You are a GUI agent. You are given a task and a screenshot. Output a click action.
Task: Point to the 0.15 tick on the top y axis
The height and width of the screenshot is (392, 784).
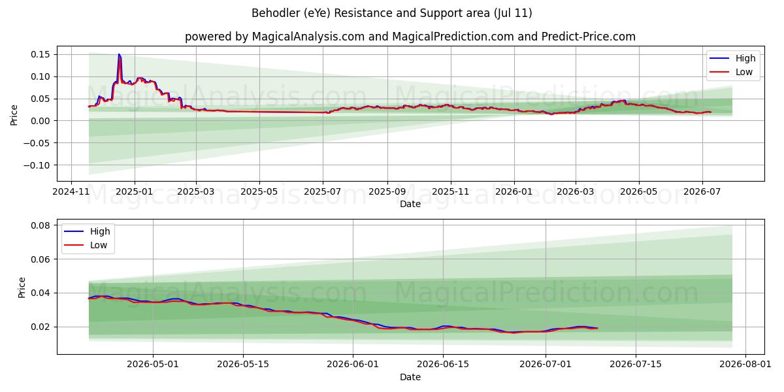tap(41, 54)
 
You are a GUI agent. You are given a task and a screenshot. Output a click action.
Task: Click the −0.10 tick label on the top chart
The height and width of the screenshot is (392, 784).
tap(37, 165)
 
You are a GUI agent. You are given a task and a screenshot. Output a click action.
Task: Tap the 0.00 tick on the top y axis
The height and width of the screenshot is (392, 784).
tap(41, 121)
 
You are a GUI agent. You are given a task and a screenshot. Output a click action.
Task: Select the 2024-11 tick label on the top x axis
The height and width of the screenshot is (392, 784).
tap(71, 192)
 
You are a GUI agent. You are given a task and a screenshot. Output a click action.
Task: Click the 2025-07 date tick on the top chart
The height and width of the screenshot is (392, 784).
tap(323, 192)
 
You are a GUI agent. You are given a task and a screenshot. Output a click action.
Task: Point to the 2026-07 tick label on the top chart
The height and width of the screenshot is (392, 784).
tap(702, 192)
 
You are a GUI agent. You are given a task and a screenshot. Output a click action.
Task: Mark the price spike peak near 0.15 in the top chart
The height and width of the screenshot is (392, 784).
tap(119, 54)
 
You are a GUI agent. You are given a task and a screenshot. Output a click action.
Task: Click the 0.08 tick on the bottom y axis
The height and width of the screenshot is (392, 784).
tap(41, 225)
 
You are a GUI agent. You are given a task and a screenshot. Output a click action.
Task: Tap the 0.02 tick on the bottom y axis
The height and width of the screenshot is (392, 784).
tap(41, 327)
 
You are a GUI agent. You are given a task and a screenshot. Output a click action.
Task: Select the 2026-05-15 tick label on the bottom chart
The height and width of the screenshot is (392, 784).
tap(243, 365)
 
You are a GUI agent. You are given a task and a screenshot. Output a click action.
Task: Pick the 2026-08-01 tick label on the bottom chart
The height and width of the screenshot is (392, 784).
tap(745, 365)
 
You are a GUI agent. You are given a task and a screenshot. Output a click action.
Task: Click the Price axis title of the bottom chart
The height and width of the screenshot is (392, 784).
tap(22, 287)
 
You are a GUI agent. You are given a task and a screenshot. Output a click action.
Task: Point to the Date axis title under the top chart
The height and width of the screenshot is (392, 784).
tap(410, 204)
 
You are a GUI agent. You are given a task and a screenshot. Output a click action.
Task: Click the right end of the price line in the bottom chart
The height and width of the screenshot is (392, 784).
tap(597, 328)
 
